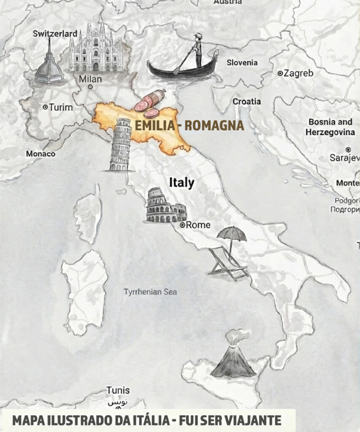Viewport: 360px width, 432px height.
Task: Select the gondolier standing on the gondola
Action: (198, 50)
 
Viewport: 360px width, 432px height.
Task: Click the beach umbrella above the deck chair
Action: (232, 234)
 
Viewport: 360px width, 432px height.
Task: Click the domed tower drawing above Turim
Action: (49, 63)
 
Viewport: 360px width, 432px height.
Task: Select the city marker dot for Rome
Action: (182, 225)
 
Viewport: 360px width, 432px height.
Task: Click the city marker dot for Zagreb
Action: (280, 73)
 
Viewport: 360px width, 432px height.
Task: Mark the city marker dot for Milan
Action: (90, 87)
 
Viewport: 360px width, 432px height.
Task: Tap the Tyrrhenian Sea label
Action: (150, 292)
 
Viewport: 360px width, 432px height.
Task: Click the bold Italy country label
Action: (181, 183)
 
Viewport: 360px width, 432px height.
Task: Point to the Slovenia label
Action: (242, 62)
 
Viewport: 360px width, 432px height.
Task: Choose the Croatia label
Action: (247, 101)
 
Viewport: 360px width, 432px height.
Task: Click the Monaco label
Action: (41, 154)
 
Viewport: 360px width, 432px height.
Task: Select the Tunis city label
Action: (118, 390)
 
